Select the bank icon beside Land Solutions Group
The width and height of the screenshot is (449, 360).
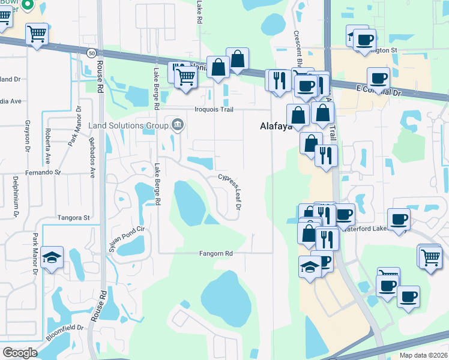177,125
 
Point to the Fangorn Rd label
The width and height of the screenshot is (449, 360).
215,254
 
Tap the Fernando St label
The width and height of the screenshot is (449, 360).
43,172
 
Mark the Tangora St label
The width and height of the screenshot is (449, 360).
73,217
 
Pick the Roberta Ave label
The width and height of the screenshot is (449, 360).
47,146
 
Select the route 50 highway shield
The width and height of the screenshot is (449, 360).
89,53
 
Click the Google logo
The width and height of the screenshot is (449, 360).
20,352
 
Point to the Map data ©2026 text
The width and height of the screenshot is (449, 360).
423,355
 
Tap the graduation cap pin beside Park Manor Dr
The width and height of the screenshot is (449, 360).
52,257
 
